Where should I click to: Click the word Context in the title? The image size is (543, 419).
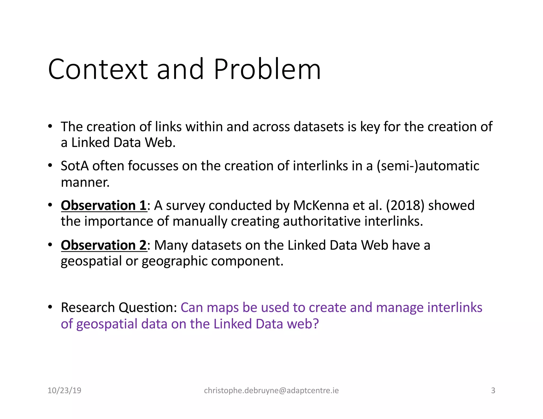click(98, 69)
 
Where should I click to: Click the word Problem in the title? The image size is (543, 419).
click(267, 69)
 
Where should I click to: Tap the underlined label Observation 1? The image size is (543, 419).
click(104, 206)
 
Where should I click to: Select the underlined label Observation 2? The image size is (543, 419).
click(104, 245)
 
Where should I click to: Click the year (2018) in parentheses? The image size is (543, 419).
click(405, 206)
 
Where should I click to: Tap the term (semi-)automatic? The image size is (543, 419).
click(428, 166)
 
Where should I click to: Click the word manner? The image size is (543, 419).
click(85, 182)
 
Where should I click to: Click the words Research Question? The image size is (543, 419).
click(119, 308)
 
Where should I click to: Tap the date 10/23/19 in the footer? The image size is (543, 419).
click(64, 390)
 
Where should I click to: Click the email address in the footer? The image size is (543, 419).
click(271, 390)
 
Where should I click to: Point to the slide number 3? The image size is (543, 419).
click(493, 390)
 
